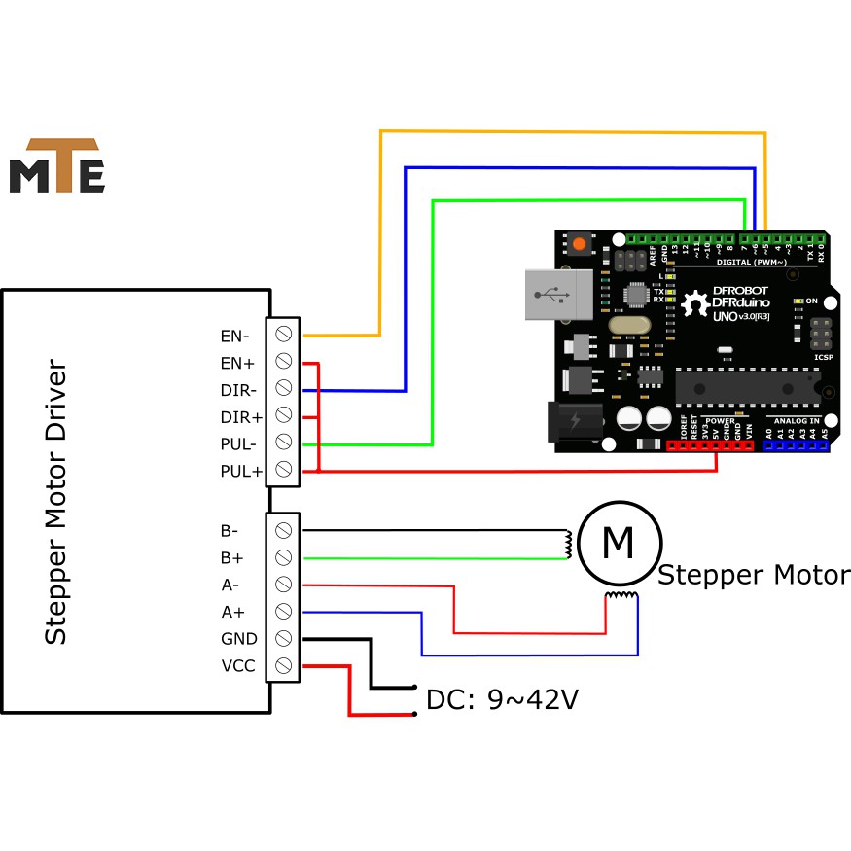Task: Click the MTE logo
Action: (56, 166)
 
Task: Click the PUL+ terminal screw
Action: (284, 471)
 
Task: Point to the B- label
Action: (230, 531)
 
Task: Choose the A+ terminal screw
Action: (284, 612)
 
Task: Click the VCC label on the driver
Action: (239, 666)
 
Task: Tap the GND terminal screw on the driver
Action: (284, 639)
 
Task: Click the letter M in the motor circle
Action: (619, 542)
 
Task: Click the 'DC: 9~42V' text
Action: (502, 699)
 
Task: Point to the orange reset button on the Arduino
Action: (580, 243)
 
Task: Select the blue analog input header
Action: (796, 445)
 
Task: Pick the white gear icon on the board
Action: (695, 304)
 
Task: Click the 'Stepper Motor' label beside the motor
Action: (754, 575)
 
